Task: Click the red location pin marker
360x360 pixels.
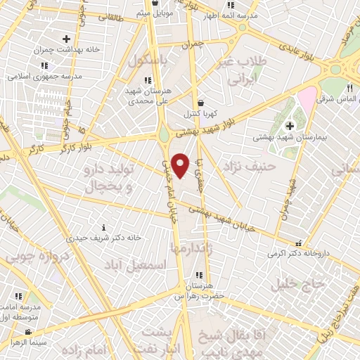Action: [181, 165]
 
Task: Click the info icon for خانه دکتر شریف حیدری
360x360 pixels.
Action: [104, 227]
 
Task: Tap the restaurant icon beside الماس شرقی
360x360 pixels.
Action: [349, 89]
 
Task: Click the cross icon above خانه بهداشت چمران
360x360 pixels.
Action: [66, 39]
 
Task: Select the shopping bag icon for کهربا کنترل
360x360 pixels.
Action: [200, 102]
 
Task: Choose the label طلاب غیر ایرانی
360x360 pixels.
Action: [252, 70]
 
